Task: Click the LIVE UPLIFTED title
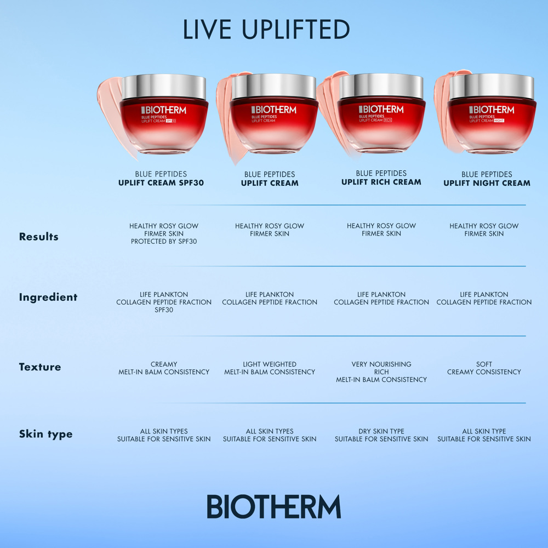click(266, 30)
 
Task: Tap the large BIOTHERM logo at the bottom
click(273, 506)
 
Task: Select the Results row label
click(38, 237)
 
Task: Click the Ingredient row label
click(48, 297)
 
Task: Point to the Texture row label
click(40, 367)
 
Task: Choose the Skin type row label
click(45, 434)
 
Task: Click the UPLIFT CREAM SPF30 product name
click(161, 183)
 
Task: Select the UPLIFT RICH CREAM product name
click(381, 182)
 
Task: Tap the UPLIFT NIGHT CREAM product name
click(487, 183)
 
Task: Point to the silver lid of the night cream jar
click(492, 86)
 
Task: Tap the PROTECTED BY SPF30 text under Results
click(164, 241)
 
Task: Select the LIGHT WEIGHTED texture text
click(270, 364)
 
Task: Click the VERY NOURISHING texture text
click(381, 364)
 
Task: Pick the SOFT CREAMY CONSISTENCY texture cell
click(484, 368)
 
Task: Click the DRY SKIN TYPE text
click(381, 431)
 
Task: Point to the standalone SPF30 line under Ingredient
click(164, 310)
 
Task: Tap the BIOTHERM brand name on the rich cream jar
click(381, 109)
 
